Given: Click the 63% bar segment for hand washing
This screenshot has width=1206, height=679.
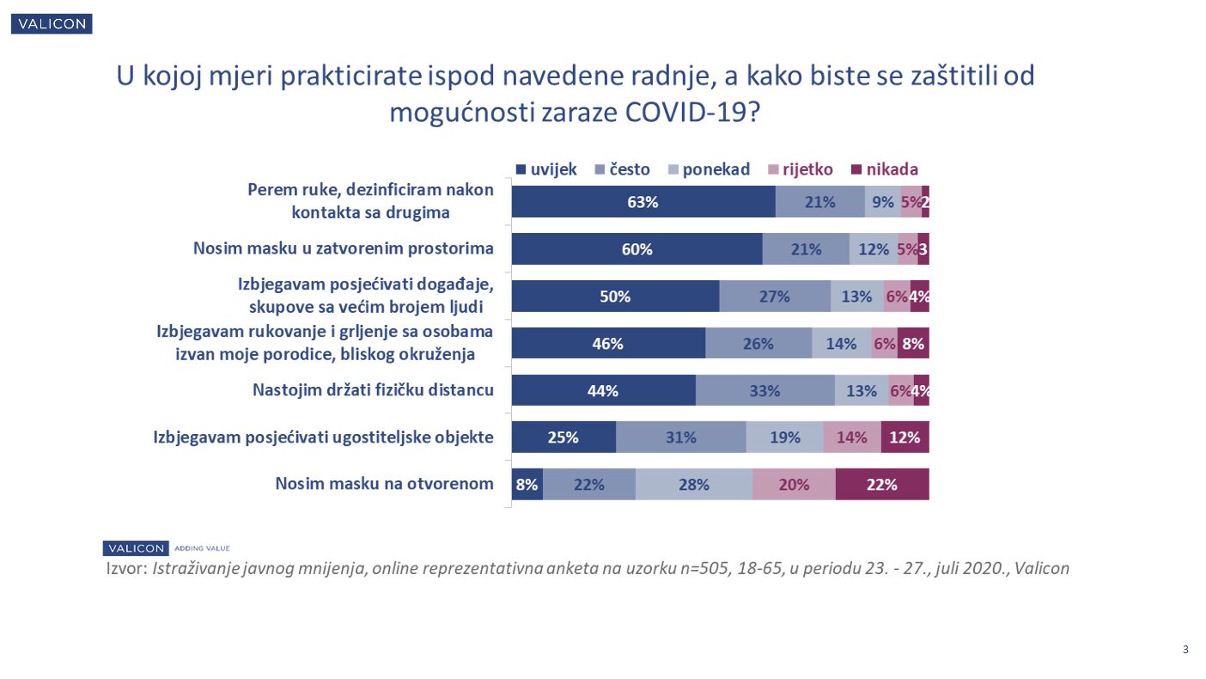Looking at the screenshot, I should [643, 202].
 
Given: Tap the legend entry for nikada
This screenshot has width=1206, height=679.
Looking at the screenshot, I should [884, 169].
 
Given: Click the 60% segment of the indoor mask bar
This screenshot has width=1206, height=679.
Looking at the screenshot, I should [636, 249].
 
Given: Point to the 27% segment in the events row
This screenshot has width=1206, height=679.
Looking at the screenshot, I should [774, 297].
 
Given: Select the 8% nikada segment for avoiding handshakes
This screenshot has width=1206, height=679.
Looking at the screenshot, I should [912, 344].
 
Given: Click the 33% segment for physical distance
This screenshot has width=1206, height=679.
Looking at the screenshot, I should [764, 391].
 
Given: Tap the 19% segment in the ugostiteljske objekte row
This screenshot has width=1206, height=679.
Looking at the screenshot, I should [784, 437].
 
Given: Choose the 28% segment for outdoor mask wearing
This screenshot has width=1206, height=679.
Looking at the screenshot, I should [693, 485].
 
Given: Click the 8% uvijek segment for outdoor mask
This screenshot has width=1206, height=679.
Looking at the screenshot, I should [527, 485].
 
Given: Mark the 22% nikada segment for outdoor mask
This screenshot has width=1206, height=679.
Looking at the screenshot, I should [881, 485].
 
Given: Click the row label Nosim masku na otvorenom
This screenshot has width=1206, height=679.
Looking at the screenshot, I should [384, 484].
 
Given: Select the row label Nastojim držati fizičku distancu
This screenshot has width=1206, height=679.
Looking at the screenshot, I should [373, 390].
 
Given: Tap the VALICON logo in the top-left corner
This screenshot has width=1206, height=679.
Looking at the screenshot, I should [52, 24].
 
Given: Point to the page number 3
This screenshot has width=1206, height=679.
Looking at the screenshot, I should [1185, 650].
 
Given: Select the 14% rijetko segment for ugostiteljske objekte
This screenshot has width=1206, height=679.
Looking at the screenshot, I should [851, 437].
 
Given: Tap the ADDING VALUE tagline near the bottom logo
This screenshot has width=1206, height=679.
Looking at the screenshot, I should [202, 548].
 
